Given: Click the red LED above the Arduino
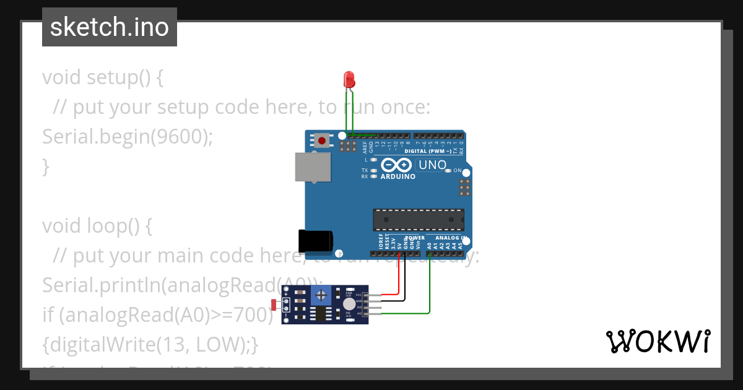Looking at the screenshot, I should point(349,79).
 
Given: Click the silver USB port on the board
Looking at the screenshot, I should point(312,167).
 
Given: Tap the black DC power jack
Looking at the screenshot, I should point(315,240).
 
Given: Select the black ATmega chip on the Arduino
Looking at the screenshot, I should point(418,220).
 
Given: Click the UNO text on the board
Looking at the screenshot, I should point(432,165).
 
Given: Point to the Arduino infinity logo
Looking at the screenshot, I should point(396,165).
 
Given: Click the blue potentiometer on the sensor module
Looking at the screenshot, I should point(319,296).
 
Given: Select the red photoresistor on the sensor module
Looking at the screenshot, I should point(274,304).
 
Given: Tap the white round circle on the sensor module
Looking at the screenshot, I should point(350,303).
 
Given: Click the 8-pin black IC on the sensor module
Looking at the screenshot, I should point(320,314).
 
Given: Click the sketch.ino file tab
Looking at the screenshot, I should point(110,27).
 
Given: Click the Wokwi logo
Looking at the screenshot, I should point(658,341).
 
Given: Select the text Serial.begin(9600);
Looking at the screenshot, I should point(127,136).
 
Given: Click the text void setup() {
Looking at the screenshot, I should point(103,77).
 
